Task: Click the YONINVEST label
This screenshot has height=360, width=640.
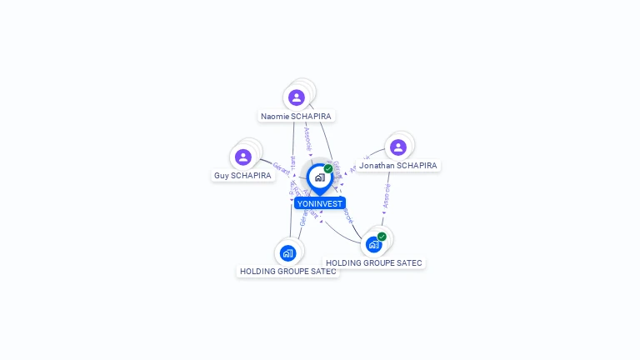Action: point(319,203)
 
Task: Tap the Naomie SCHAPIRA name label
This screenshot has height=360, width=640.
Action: point(296,117)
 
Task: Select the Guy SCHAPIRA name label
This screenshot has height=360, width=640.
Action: point(242,176)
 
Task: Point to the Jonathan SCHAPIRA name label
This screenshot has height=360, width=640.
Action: point(397,166)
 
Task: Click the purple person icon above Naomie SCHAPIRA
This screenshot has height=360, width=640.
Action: point(296,97)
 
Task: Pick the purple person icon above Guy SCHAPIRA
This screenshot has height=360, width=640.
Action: point(242,157)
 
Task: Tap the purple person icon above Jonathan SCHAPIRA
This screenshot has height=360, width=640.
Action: point(398,147)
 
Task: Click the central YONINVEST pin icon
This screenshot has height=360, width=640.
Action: point(319,177)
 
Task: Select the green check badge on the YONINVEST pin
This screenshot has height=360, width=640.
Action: point(328,168)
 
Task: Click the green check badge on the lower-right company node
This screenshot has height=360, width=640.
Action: point(382,237)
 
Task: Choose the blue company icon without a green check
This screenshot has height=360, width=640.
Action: point(287,252)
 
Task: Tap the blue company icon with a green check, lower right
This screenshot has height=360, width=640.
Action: point(373,245)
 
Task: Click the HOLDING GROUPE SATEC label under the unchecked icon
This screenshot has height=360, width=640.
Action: point(287,271)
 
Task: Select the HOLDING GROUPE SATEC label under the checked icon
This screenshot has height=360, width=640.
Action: point(373,263)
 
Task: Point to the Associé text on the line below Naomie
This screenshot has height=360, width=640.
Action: point(307,138)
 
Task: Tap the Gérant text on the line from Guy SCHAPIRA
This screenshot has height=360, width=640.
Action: point(281,166)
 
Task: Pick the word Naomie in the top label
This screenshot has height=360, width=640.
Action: point(275,117)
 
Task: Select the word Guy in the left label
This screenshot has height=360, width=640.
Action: point(221,176)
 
